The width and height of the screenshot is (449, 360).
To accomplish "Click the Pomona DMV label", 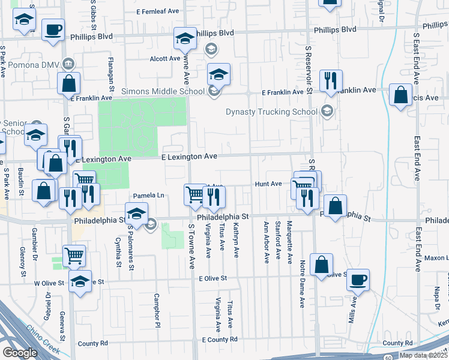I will pos(34,64).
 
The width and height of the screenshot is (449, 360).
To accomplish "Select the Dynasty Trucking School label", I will pos(271,112).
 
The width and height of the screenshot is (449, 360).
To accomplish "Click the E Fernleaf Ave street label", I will pos(158,11).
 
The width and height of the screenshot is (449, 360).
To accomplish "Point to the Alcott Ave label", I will pos(165,59).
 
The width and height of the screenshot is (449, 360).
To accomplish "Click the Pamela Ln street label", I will pos(148,196).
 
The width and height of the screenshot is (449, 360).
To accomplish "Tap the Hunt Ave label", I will pos(268,184).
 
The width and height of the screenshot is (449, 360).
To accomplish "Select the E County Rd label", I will pos(220,340).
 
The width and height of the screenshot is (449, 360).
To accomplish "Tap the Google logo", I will pos(20,353).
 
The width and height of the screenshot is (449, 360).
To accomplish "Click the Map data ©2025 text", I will pos(423,355).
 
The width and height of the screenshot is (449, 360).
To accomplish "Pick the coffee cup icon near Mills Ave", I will pos(358,280).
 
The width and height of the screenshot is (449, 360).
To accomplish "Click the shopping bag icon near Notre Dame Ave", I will pos(322,264).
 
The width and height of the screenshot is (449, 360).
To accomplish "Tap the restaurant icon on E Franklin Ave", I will pos(330,80).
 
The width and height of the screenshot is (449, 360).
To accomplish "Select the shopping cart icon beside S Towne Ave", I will pos(194,194).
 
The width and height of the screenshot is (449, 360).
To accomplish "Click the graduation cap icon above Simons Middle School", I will pos(219,74).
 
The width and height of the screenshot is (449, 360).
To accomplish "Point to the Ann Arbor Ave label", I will pos(266,242).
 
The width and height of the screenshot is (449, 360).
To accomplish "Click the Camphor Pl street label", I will pos(155,306).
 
